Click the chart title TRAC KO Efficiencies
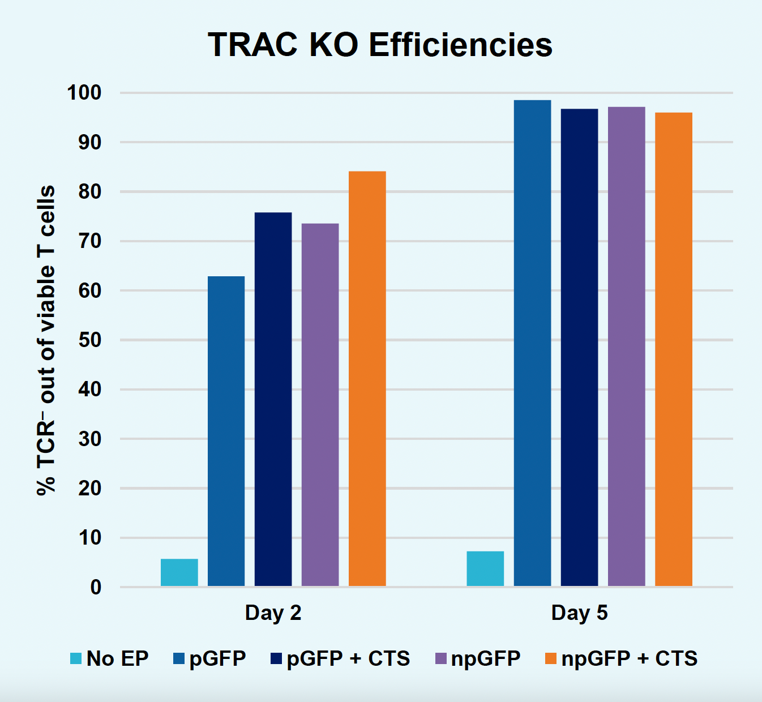click(380, 45)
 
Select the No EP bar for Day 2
click(179, 572)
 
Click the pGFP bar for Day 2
click(226, 431)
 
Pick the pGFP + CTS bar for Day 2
click(273, 399)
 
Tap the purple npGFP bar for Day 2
click(320, 405)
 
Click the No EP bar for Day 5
click(485, 568)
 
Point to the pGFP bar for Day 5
click(532, 343)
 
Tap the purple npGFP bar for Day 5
click(626, 346)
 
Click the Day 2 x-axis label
click(273, 613)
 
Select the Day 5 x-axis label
click(579, 613)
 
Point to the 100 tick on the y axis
click(84, 92)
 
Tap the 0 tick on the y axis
click(96, 587)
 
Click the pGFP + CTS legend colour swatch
click(276, 658)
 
